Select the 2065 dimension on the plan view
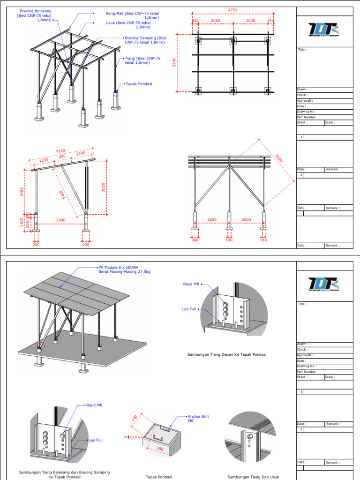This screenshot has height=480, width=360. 216,21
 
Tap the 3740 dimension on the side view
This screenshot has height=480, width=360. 60,151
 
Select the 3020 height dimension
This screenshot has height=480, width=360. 104,187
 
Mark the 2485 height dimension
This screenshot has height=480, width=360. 22,192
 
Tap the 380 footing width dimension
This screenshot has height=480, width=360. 195,240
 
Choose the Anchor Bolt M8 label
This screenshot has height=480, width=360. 197,418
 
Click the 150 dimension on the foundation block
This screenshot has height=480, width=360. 135,418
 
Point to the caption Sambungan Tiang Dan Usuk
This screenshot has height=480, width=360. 253,477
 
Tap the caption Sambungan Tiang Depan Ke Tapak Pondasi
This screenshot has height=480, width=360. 227,354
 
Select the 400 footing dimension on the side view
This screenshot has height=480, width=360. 86,245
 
